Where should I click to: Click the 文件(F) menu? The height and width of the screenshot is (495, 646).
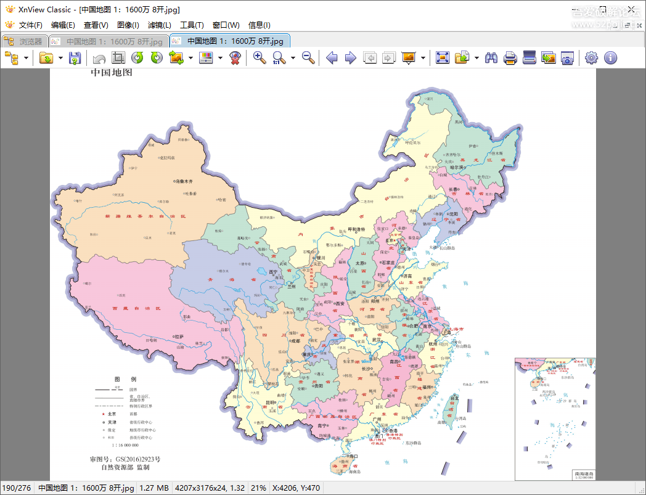(x=30, y=25)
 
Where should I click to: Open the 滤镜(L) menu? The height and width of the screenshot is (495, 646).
(x=160, y=25)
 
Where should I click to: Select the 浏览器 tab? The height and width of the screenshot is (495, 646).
(x=24, y=41)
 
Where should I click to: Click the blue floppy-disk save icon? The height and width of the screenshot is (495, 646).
(x=75, y=58)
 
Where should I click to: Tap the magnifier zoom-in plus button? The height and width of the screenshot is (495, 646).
(x=260, y=58)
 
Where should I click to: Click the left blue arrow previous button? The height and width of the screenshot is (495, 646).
(x=332, y=58)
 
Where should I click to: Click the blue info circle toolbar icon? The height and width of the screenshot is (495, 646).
(x=610, y=58)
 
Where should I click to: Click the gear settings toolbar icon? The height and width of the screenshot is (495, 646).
(x=591, y=58)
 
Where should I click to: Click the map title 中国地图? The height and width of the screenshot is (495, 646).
(x=112, y=73)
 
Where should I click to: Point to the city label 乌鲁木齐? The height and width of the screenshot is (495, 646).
(x=184, y=182)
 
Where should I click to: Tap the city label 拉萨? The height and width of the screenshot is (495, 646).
(x=179, y=337)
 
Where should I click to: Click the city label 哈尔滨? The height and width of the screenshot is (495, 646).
(x=456, y=167)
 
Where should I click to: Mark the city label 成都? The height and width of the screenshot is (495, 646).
(x=296, y=340)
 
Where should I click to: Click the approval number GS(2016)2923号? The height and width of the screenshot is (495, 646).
(x=138, y=459)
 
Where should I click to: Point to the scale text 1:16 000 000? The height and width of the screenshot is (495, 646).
(x=125, y=445)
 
